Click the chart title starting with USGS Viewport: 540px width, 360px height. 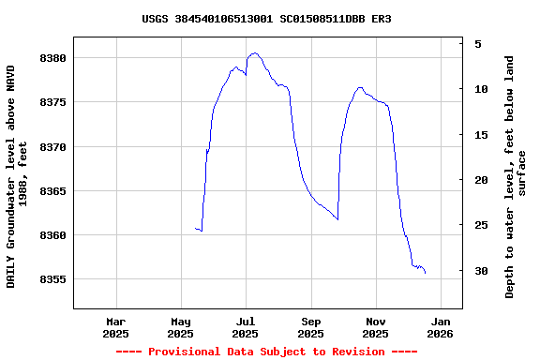(x=266, y=19)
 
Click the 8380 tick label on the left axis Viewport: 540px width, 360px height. (x=52, y=58)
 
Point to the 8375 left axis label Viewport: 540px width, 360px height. (x=52, y=102)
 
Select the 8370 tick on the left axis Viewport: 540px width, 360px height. (x=52, y=147)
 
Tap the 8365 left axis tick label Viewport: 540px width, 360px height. (x=52, y=191)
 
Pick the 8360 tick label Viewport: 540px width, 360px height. (x=52, y=235)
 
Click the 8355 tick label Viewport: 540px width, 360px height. (x=52, y=279)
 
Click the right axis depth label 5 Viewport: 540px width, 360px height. (x=478, y=44)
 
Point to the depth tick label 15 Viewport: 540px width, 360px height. (x=481, y=135)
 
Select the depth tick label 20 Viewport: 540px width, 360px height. (x=481, y=180)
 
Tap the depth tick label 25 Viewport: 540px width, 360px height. (x=481, y=225)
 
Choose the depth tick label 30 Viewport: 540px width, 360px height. (x=481, y=271)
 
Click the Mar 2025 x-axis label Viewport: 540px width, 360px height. (x=115, y=327)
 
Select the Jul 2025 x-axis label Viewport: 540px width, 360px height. (x=245, y=327)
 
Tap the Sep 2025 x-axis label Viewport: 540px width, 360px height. (x=310, y=327)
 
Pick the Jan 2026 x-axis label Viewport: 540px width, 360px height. (x=440, y=327)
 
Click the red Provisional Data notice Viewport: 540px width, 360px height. (x=266, y=352)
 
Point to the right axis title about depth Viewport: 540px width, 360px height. (x=517, y=176)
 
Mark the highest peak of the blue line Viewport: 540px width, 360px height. (x=254, y=53)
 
